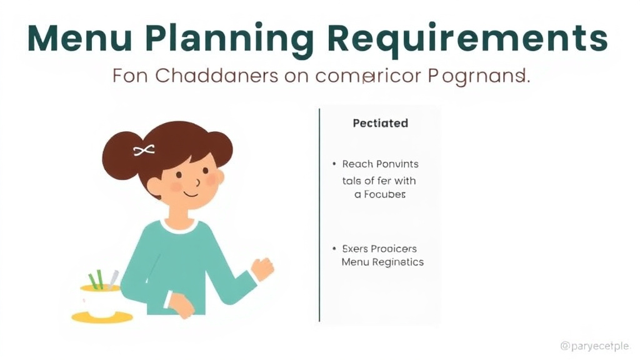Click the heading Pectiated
380,123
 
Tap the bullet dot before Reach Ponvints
334,164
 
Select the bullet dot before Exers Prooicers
334,249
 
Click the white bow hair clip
144,150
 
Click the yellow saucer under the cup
102,317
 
